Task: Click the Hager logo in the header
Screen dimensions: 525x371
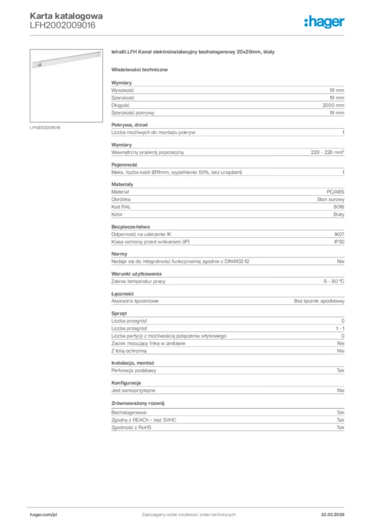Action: point(324,22)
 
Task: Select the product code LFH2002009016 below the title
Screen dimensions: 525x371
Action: point(63,25)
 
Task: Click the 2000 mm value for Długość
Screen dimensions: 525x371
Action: point(333,105)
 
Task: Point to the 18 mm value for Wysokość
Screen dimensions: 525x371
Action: point(337,90)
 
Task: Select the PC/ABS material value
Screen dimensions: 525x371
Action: point(336,191)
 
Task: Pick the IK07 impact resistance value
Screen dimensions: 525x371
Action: point(339,234)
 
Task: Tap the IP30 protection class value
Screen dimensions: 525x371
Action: point(339,241)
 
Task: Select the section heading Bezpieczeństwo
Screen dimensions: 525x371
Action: point(131,226)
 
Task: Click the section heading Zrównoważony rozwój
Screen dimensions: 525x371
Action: point(138,403)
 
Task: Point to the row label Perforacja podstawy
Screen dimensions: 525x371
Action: point(134,370)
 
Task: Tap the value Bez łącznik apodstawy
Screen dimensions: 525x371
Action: point(319,301)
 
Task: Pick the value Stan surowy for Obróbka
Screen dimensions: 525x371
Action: point(331,199)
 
